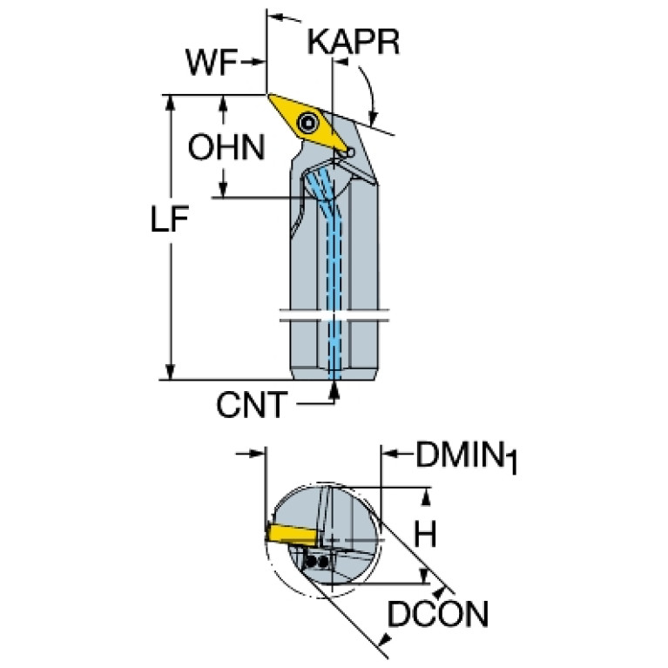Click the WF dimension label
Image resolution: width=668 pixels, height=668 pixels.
coord(212,63)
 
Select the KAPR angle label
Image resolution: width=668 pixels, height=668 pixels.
coord(354,42)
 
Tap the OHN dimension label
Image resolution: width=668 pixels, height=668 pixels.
coord(226,147)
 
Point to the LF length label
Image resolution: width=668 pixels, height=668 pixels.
coord(170,219)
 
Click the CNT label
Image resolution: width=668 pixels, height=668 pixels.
coord(252,405)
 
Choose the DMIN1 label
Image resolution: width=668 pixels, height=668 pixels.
coord(467,457)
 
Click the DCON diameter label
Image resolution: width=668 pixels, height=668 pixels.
coord(437,614)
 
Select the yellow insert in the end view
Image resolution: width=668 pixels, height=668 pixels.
coord(291,533)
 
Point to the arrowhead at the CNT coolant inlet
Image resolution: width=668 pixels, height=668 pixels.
coord(334,389)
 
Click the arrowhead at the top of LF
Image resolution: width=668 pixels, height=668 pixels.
coord(171,103)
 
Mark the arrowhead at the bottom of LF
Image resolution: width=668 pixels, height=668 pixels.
coord(171,371)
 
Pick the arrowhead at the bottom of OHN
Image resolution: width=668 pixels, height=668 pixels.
coord(222,189)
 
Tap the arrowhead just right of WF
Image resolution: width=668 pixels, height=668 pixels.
coord(257,62)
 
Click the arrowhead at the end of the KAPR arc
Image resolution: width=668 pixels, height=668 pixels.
coord(374,118)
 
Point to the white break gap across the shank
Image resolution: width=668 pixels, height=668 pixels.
coord(334,315)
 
